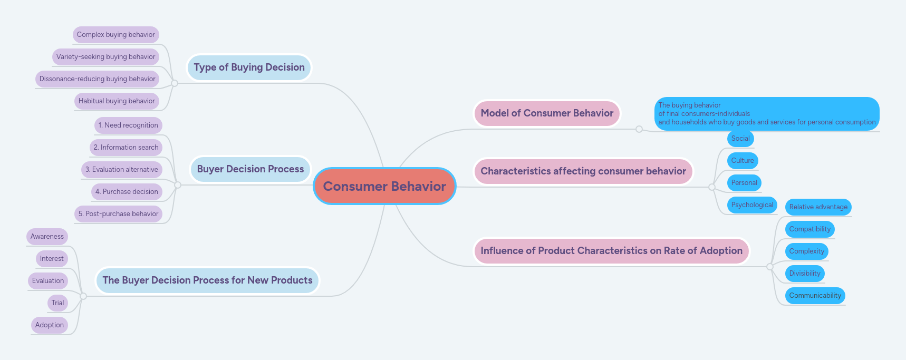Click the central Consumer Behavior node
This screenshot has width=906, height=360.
[x=384, y=186]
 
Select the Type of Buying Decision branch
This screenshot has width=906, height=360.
[x=249, y=67]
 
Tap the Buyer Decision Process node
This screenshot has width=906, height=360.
[x=250, y=169]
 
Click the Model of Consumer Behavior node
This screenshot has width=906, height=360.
[x=547, y=113]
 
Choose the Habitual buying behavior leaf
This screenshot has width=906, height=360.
[x=117, y=101]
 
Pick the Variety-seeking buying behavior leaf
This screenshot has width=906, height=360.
[x=105, y=57]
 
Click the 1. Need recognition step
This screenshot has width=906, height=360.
[x=128, y=125]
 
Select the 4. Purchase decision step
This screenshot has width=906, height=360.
[x=127, y=192]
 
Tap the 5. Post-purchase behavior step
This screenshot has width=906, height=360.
[x=118, y=214]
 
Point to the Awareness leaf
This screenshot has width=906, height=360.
[x=47, y=237]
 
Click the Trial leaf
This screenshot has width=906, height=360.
[x=57, y=303]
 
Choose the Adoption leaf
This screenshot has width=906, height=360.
[x=50, y=325]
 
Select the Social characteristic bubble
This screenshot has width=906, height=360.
[x=740, y=139]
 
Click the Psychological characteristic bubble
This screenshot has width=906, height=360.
[x=752, y=205]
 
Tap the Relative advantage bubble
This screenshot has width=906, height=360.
[x=818, y=207]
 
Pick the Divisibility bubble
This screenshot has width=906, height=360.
[x=805, y=274]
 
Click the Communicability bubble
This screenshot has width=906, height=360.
[x=815, y=296]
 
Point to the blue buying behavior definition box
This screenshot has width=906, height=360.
[x=767, y=114]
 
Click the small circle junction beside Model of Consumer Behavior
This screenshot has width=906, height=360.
[x=639, y=129]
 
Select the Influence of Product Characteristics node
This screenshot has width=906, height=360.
[x=611, y=251]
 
